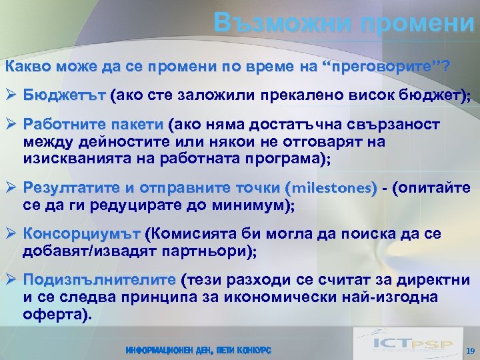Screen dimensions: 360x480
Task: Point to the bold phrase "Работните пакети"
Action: coord(93,125)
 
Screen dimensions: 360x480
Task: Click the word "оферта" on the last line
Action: coord(52,314)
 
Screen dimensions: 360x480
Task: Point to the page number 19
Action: coord(469,351)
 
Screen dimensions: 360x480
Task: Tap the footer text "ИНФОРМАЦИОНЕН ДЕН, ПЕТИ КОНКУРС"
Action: coord(198,350)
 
